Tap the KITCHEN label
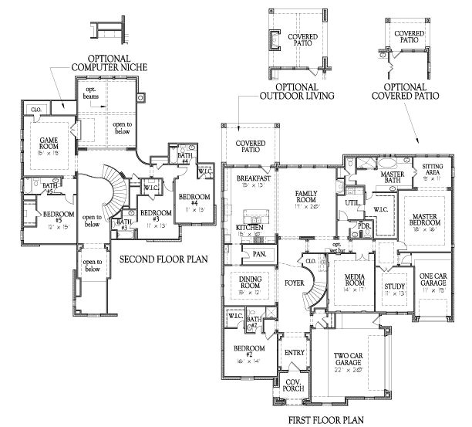251,229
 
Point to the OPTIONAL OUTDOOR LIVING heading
287,91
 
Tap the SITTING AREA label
432,170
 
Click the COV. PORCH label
292,387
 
